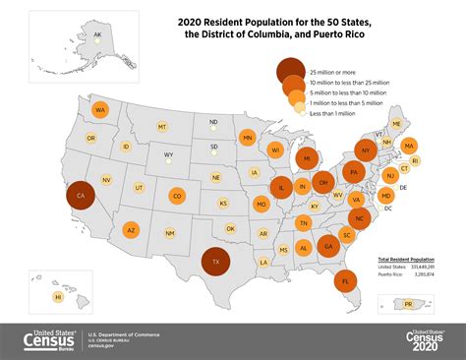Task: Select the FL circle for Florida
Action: point(345,280)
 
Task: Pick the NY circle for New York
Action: point(365,151)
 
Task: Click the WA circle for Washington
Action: point(100,110)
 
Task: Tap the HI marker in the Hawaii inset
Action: point(58,296)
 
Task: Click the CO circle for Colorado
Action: point(177,196)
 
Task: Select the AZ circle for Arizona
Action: point(131,230)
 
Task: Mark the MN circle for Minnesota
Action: point(248,138)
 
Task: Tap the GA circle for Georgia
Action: point(327,245)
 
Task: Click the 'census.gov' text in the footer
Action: point(103,346)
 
